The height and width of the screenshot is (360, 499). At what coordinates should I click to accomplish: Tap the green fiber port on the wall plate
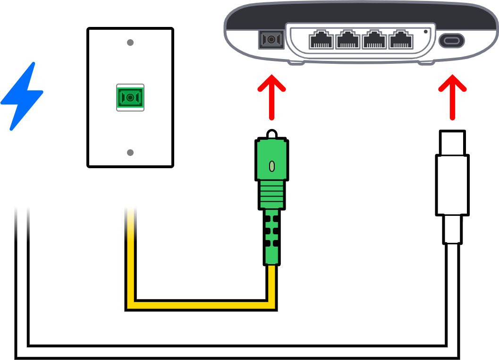(130, 97)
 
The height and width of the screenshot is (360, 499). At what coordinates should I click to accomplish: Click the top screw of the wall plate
(130, 43)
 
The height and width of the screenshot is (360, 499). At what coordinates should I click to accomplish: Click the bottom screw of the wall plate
(130, 153)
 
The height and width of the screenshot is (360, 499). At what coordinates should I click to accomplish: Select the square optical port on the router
(271, 40)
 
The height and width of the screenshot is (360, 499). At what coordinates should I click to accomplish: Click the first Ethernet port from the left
(321, 40)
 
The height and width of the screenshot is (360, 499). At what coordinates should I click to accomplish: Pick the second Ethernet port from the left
(347, 40)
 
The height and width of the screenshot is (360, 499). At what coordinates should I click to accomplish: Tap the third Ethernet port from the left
(374, 40)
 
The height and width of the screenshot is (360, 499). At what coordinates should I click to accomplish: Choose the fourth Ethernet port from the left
(400, 40)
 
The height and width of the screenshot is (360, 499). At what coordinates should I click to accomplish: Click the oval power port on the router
(452, 41)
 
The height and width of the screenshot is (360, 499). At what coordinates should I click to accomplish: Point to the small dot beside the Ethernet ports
(426, 32)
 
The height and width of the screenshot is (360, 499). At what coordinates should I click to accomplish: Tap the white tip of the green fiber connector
(271, 135)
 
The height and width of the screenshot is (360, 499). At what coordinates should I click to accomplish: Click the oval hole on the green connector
(271, 166)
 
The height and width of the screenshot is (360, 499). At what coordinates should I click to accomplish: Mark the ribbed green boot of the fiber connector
(271, 194)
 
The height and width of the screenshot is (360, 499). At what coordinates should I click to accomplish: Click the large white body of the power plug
(452, 184)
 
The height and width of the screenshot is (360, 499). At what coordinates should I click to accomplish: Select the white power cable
(236, 352)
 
